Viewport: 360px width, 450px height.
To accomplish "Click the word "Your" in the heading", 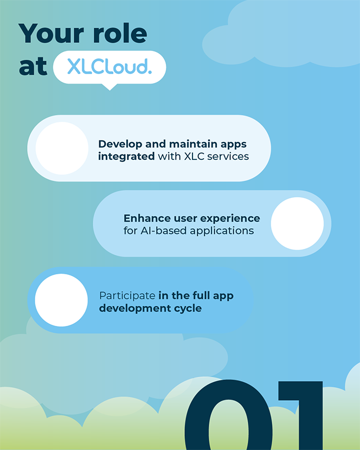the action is pos(51,33).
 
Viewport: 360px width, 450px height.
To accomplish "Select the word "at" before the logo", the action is pos(33,66).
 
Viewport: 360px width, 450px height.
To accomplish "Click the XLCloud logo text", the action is pos(110,67).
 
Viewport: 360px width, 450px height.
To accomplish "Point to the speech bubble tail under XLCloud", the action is pos(110,87).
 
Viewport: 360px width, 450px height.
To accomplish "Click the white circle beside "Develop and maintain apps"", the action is pos(62,149).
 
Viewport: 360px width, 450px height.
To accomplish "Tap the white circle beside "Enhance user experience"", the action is pos(298,223).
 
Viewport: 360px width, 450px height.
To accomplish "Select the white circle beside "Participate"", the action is pos(61,300).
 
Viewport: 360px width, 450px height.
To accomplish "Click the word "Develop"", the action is pos(120,144).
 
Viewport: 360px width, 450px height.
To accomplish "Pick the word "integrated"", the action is pos(126,157).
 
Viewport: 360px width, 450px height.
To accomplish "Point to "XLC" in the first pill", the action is pos(194,156).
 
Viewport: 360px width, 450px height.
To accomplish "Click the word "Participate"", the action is pos(127,295).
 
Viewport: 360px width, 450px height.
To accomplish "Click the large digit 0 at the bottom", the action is pos(228,415).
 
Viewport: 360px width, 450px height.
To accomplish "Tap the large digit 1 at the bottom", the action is pos(301,415).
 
